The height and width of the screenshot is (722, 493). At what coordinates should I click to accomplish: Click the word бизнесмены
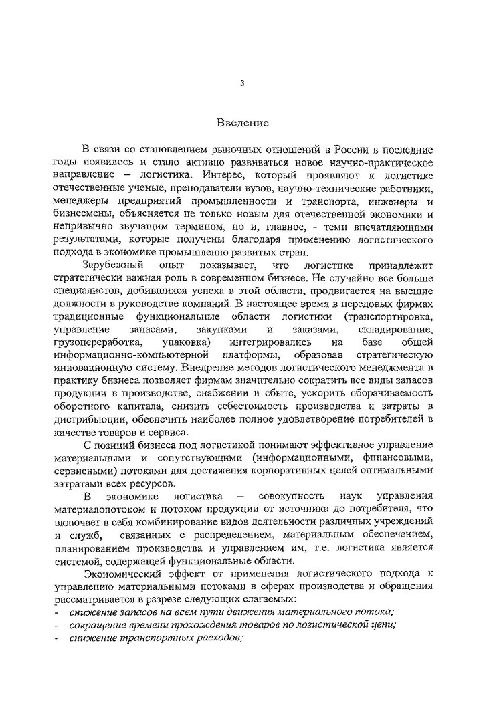(82, 215)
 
